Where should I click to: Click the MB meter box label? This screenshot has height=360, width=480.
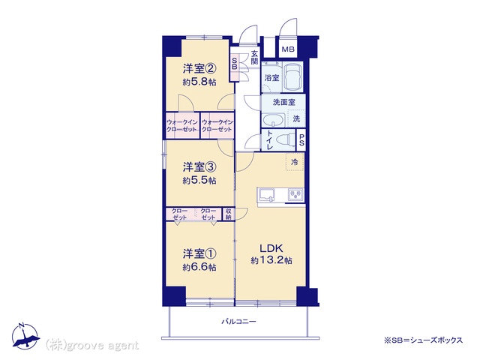click(x=287, y=49)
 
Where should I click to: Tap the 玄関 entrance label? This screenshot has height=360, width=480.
click(x=254, y=57)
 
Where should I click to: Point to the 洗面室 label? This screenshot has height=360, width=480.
click(x=283, y=102)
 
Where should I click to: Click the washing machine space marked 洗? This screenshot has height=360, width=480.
click(x=296, y=118)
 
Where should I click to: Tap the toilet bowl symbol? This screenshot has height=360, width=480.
click(x=285, y=140)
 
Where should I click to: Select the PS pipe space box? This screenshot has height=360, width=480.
click(x=301, y=140)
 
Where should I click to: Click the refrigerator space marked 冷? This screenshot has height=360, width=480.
click(x=295, y=162)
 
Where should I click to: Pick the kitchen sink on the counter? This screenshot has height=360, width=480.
click(x=267, y=195)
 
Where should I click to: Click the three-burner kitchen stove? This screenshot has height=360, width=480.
click(x=295, y=195)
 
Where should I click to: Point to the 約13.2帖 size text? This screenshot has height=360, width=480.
click(x=271, y=260)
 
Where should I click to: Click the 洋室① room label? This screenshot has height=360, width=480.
click(x=199, y=253)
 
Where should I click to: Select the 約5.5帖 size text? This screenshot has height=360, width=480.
click(x=199, y=181)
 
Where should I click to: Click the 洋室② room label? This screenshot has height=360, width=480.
click(x=199, y=68)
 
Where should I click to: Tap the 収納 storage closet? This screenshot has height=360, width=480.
click(x=228, y=214)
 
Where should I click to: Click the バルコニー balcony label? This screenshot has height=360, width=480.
click(x=238, y=322)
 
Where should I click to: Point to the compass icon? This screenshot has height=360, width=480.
click(x=25, y=336)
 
